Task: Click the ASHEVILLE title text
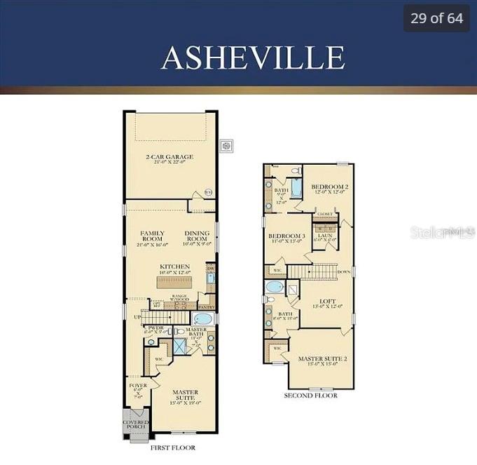[252, 58]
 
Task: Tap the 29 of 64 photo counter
[436, 18]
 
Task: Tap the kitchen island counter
[174, 282]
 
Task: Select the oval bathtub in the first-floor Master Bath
[202, 319]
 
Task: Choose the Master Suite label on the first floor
[186, 396]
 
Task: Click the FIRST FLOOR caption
[172, 447]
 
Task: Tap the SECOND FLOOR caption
[310, 396]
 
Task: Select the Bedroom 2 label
[330, 189]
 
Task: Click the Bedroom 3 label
[287, 239]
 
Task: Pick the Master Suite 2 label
[319, 361]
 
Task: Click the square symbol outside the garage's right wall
[226, 146]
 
